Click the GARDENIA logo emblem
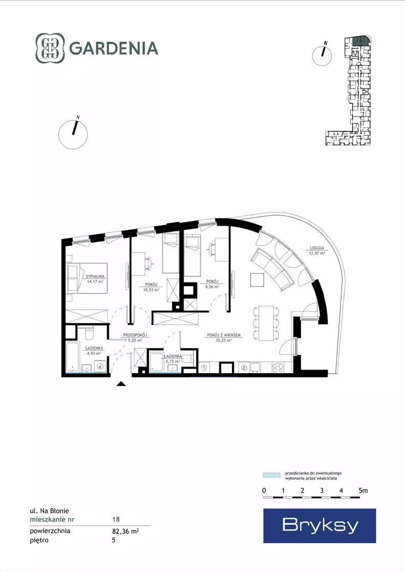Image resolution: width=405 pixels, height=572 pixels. [50, 48]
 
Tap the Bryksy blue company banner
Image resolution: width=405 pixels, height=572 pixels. [320, 525]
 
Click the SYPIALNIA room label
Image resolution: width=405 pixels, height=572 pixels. [95, 277]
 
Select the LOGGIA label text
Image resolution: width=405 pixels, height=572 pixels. [317, 248]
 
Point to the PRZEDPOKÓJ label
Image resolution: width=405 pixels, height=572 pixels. [134, 335]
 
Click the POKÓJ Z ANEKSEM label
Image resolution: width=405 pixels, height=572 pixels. [223, 335]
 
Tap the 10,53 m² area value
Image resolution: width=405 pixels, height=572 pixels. [151, 290]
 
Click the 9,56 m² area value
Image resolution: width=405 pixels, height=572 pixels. [212, 287]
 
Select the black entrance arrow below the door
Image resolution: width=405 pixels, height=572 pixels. [121, 383]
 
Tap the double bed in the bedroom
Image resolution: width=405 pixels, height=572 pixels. [87, 278]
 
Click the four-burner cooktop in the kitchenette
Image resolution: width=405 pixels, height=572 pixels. [278, 368]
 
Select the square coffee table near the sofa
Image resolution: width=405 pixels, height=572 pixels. [257, 280]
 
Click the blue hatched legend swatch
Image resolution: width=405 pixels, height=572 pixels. [272, 475]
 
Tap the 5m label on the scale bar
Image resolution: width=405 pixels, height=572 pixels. [363, 491]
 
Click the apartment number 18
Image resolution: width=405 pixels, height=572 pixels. [116, 519]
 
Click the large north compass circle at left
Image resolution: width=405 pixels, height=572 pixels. [73, 134]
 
